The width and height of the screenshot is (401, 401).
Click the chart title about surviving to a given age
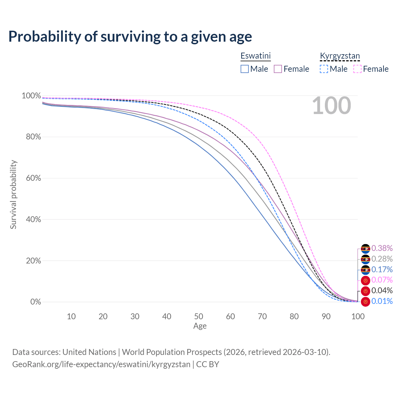(x=130, y=37)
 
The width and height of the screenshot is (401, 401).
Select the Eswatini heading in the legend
(x=255, y=56)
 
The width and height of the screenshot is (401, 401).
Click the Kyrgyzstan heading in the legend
(x=340, y=56)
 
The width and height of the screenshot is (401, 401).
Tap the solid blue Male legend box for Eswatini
(x=245, y=69)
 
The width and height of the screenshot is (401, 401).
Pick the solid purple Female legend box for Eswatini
(x=278, y=69)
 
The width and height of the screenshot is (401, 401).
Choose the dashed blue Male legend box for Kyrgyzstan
(x=324, y=69)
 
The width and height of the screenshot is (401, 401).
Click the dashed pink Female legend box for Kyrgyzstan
(x=357, y=69)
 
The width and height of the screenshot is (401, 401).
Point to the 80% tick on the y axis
(x=31, y=137)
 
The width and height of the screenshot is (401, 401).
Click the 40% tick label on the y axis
(x=31, y=219)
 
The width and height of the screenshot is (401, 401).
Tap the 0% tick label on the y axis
(x=35, y=302)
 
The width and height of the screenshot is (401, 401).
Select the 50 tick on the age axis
(x=199, y=316)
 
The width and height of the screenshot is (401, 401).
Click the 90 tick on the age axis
(x=326, y=316)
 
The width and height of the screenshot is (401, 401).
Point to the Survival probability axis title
(x=13, y=195)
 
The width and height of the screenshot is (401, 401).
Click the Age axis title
(x=200, y=326)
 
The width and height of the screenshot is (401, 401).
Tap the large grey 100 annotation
(x=331, y=106)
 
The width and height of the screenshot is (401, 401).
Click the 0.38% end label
(x=382, y=248)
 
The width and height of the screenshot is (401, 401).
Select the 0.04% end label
(x=382, y=291)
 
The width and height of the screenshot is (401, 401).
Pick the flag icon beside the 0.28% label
(x=365, y=259)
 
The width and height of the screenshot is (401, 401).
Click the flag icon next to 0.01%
(x=365, y=302)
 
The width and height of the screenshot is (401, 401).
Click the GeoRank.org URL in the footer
(x=101, y=364)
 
